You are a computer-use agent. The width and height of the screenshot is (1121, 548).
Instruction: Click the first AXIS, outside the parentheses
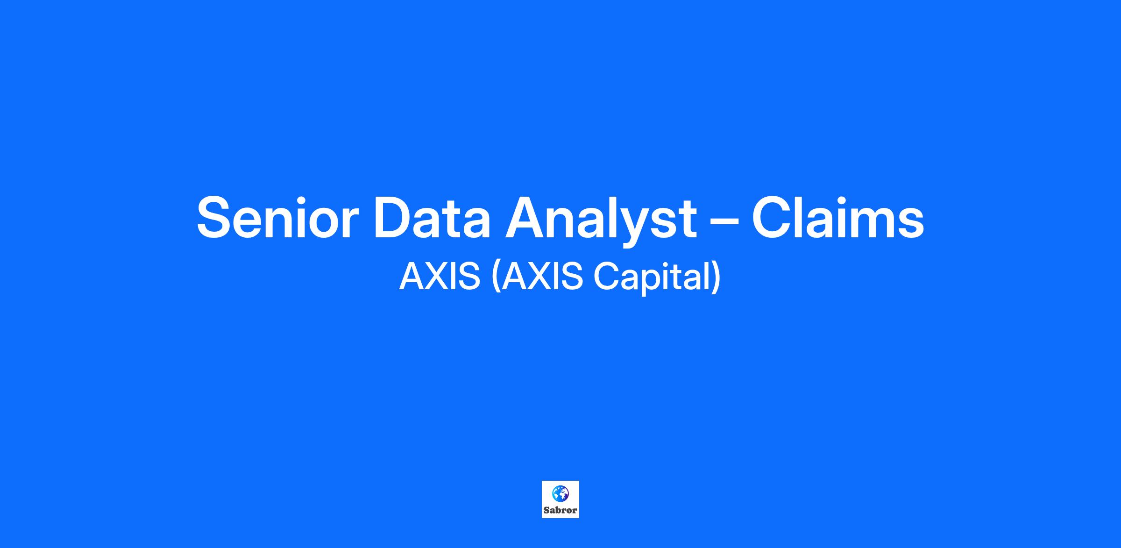[x=440, y=276]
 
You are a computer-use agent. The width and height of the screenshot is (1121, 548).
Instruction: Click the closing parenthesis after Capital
[x=716, y=278]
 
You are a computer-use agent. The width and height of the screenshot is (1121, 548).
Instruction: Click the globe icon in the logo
[x=560, y=493]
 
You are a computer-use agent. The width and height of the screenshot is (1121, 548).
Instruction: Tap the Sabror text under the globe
[x=560, y=510]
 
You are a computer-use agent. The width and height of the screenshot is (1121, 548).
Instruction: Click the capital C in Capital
[x=606, y=276]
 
